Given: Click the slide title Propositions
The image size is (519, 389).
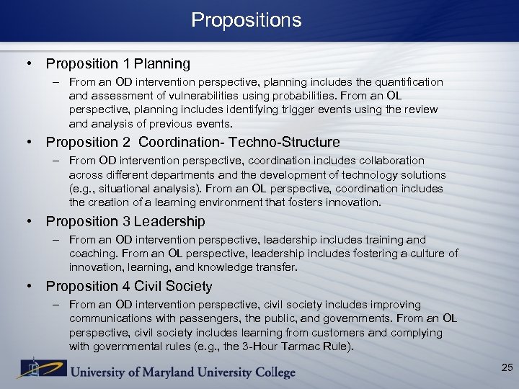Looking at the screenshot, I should click(247, 20).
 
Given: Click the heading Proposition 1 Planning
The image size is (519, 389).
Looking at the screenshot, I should click(118, 64).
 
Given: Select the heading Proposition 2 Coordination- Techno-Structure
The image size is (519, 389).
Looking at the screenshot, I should click(192, 143).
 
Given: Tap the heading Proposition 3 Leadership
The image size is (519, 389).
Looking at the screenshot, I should click(125, 222).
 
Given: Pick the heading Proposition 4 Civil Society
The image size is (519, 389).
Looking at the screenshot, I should click(129, 287).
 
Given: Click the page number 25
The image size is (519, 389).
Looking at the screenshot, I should click(507, 368).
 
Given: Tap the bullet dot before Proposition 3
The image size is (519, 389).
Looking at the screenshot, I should click(30, 222).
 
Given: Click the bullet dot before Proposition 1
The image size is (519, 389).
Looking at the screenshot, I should click(30, 64).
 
